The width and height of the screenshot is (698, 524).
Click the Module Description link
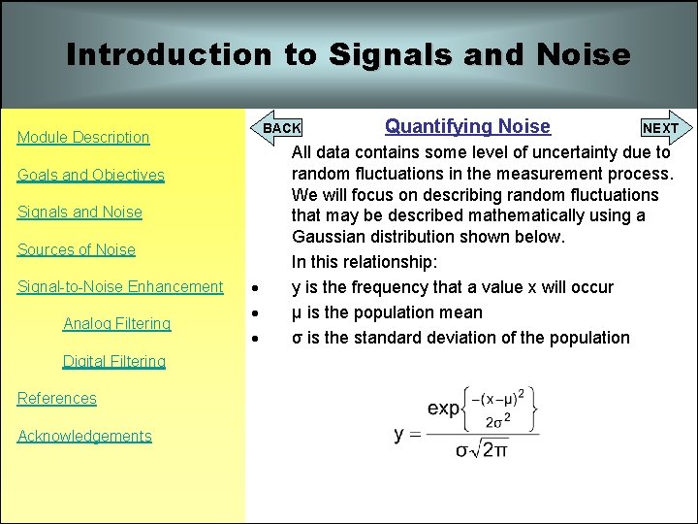(x=83, y=138)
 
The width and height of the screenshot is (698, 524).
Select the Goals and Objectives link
(x=91, y=176)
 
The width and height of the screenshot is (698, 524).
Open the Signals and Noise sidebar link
(x=79, y=213)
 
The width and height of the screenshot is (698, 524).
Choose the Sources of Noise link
(x=77, y=249)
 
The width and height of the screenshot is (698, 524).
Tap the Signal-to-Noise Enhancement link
(x=120, y=286)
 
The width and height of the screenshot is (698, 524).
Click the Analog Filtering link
(x=116, y=323)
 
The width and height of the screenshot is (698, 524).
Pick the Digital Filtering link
(x=114, y=361)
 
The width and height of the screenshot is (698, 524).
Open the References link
(x=57, y=398)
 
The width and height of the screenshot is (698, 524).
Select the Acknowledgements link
(x=84, y=436)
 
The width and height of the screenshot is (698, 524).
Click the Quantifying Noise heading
(x=467, y=126)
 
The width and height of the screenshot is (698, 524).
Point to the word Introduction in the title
(x=170, y=54)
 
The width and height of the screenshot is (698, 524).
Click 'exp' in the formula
(x=443, y=408)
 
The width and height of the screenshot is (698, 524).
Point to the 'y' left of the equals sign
(x=399, y=433)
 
